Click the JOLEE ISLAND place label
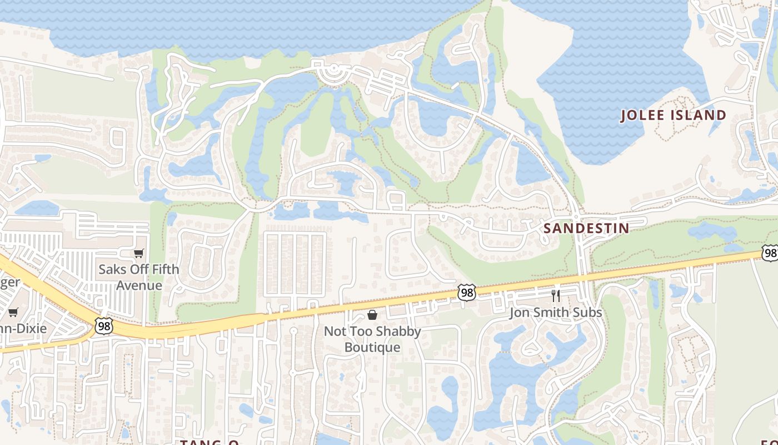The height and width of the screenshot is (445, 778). (673, 115)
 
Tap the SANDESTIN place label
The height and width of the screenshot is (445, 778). (586, 228)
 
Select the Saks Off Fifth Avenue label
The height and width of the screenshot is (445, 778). (139, 277)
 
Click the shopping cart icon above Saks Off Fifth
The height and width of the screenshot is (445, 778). (139, 254)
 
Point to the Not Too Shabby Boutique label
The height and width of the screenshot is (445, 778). (372, 339)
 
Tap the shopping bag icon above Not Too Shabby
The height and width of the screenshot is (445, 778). (372, 315)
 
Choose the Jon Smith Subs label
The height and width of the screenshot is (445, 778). (556, 313)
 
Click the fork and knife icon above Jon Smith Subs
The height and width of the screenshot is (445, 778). (556, 295)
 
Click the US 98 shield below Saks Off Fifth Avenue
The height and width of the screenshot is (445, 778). (104, 326)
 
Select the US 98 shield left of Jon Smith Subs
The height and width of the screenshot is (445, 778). (467, 292)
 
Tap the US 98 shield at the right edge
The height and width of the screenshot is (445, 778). (770, 253)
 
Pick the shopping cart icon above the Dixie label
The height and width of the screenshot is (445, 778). (13, 312)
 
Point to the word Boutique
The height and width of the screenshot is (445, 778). (372, 347)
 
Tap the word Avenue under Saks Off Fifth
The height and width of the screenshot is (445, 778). (139, 285)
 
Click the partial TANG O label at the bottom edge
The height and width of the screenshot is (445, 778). (209, 442)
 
